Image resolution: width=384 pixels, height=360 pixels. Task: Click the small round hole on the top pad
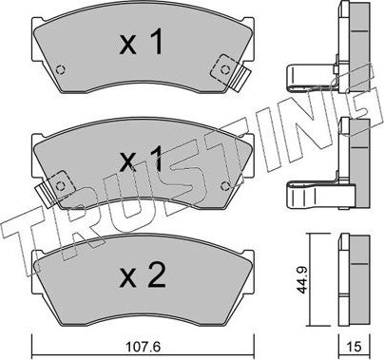point(61,68)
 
